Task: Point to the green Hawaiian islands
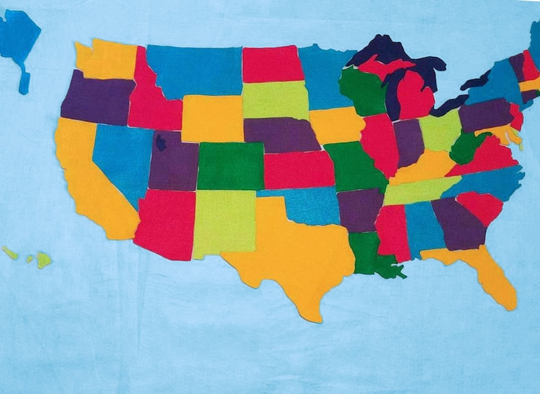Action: pos(42,259)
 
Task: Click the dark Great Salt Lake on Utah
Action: pos(161,142)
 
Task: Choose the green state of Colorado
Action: pos(230,166)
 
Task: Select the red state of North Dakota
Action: pos(272,64)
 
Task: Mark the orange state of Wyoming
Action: pos(212,118)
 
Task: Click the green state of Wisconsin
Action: pos(362,92)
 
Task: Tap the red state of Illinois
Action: pos(378,143)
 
